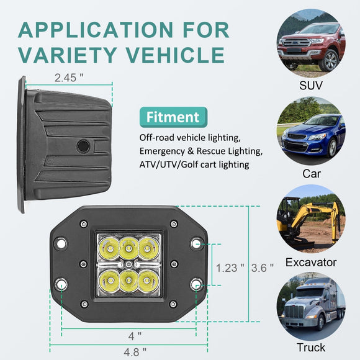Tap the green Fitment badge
point(173,117)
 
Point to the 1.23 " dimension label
point(230,268)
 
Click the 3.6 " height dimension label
point(262,268)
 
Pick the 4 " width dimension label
point(135,336)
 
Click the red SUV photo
point(311,42)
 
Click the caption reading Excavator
point(311,263)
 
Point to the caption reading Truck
point(311,348)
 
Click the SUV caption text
point(311,86)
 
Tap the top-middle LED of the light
point(128,248)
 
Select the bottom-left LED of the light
point(109,281)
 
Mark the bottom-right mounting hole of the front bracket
point(196,285)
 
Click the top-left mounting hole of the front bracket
point(61,243)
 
